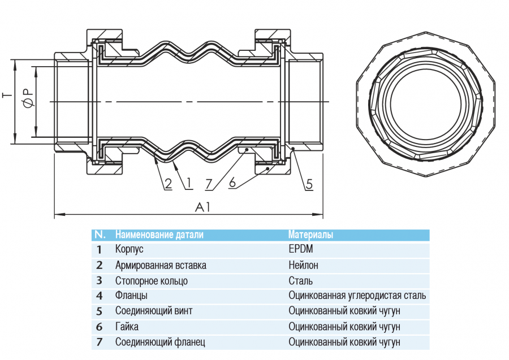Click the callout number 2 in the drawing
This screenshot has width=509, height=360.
tap(168, 184)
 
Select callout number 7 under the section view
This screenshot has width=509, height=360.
tap(209, 184)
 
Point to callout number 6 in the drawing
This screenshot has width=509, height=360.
tap(232, 183)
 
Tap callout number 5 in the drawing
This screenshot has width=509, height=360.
tap(309, 184)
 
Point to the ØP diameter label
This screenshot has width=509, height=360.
tap(27, 98)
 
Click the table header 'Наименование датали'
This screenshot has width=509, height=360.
tap(159, 235)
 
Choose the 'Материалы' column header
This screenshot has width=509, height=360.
tap(310, 235)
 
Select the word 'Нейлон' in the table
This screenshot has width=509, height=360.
tap(303, 265)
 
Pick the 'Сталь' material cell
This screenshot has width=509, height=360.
tap(300, 281)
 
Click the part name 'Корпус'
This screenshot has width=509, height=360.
tap(130, 249)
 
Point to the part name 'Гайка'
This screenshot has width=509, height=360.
tap(127, 327)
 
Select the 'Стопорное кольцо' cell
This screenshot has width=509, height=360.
tap(151, 281)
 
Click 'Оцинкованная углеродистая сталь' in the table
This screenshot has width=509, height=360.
tap(357, 296)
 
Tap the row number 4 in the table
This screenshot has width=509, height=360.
tap(100, 296)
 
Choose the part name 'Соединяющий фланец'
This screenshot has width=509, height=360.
tap(160, 342)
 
